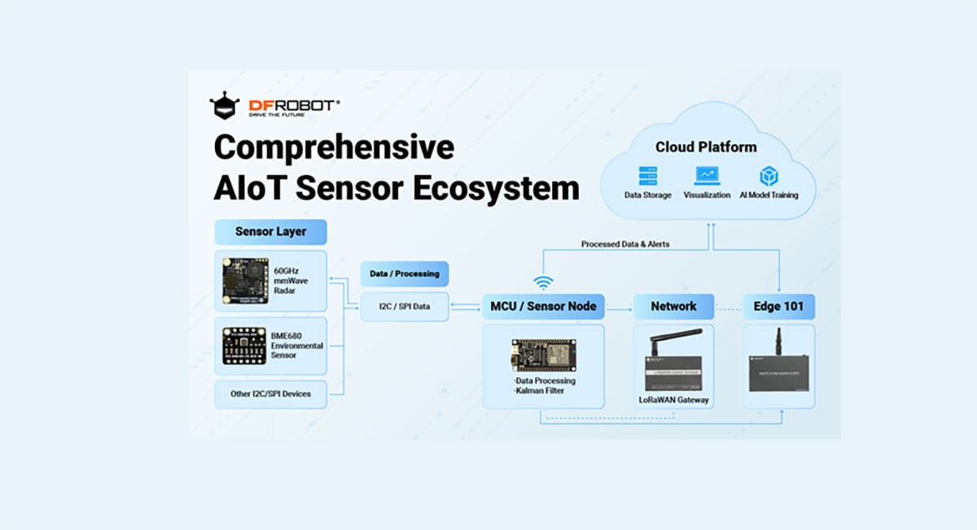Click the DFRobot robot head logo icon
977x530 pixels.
[225, 106]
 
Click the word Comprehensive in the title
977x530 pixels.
[333, 147]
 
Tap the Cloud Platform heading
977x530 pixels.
[706, 147]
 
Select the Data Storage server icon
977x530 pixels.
[648, 176]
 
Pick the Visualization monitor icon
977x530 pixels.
[707, 176]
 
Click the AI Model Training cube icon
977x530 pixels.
[769, 176]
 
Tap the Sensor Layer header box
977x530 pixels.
[270, 231]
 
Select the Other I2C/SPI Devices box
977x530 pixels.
[270, 394]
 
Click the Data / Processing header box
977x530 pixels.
[404, 274]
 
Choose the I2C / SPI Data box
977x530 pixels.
[404, 306]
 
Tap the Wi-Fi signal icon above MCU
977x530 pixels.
[543, 283]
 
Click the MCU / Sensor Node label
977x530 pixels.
[543, 306]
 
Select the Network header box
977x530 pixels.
[673, 306]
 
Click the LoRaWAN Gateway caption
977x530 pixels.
[673, 399]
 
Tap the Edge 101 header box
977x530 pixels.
[778, 306]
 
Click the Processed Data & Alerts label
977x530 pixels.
[625, 243]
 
